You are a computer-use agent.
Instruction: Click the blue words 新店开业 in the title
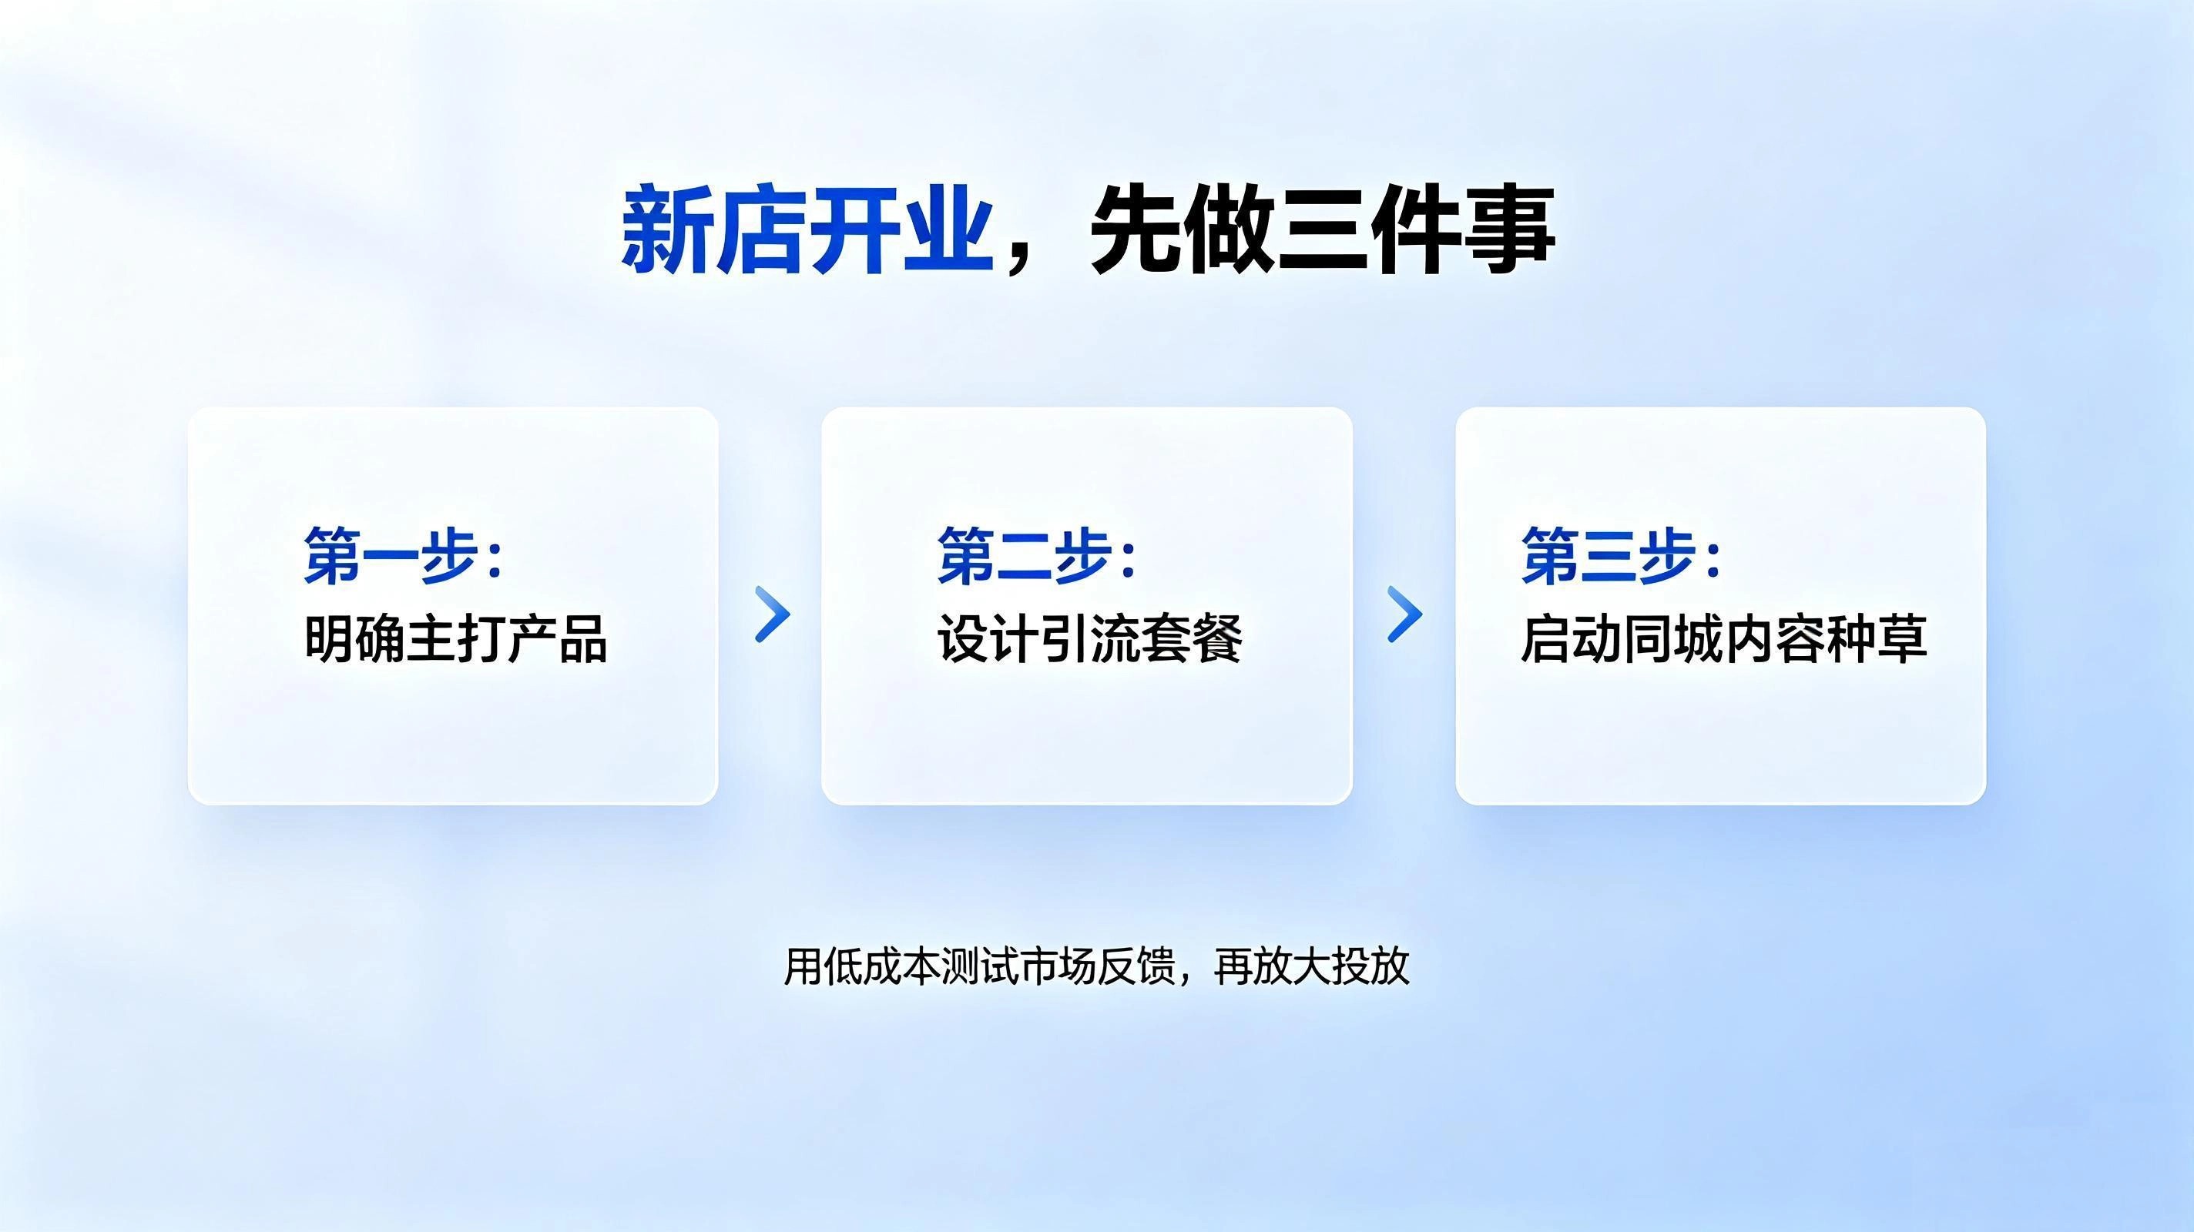807,230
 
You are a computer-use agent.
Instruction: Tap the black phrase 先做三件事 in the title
1323,230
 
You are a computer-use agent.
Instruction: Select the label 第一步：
404,555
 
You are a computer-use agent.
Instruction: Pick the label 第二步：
1037,555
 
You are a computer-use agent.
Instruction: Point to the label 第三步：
1622,555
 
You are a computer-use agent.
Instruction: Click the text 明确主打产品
455,638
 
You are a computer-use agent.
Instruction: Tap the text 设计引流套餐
1089,638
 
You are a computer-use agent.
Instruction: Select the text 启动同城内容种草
1724,638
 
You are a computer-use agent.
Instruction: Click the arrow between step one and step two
773,614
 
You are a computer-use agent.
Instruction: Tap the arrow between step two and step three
1405,614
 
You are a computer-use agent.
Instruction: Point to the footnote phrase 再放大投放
1312,966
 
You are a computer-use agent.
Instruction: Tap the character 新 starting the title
667,230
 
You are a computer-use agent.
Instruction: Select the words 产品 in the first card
558,638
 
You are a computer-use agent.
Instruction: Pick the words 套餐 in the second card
1193,638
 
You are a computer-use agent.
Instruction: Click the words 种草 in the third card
1877,638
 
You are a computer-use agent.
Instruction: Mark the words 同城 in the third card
1672,638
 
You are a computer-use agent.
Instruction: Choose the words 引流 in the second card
1090,638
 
